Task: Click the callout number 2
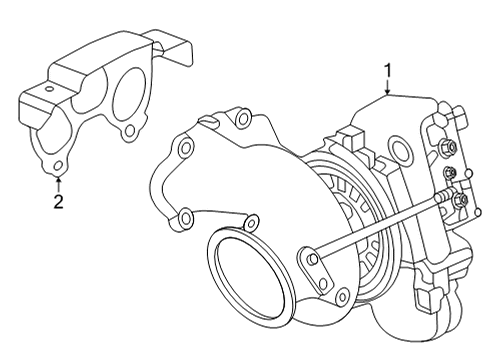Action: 58,203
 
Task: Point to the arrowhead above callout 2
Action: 58,180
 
